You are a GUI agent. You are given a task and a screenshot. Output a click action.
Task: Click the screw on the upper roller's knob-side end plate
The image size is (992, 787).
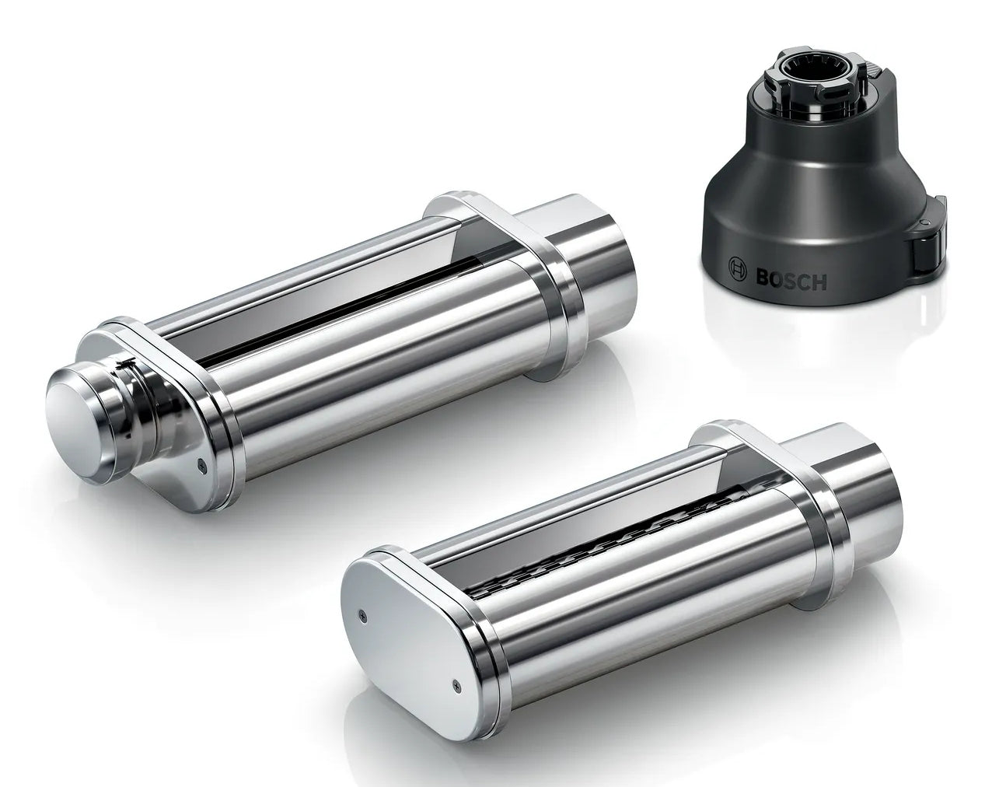201,463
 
